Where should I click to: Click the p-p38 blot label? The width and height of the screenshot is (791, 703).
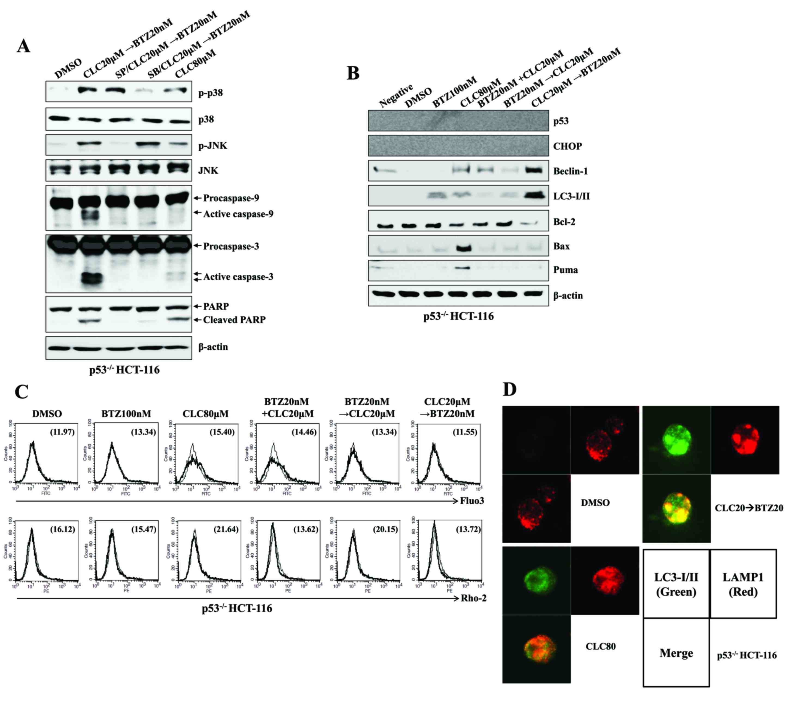pos(211,93)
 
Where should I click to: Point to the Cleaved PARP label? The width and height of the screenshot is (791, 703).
pos(234,320)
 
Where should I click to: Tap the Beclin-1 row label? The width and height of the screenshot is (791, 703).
pos(570,171)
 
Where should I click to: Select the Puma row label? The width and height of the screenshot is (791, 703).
pos(565,270)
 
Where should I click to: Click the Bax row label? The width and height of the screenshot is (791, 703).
pos(561,246)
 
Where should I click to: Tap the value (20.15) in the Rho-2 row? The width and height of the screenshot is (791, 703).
pos(385,529)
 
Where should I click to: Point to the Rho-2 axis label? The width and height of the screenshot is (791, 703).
pos(473,598)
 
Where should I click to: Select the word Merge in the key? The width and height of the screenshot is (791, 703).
pos(676,653)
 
